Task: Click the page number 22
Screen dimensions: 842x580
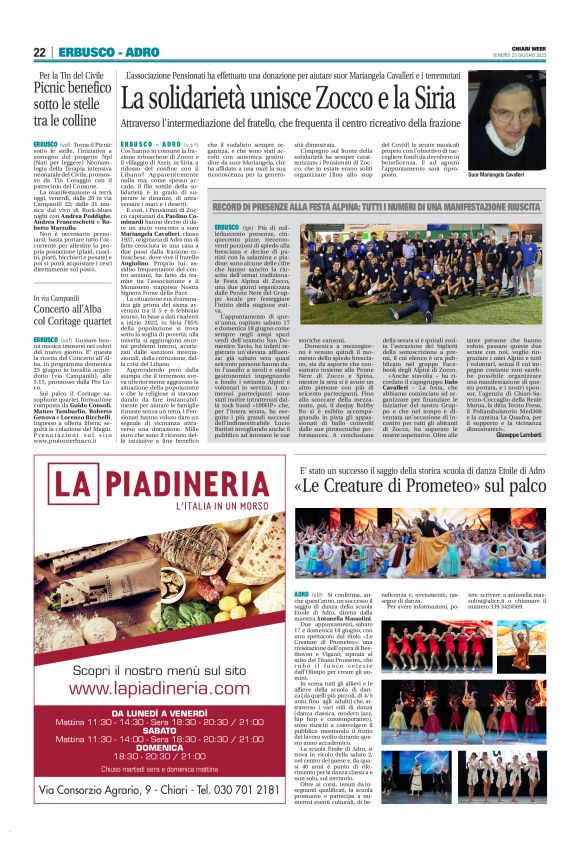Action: coord(40,52)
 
